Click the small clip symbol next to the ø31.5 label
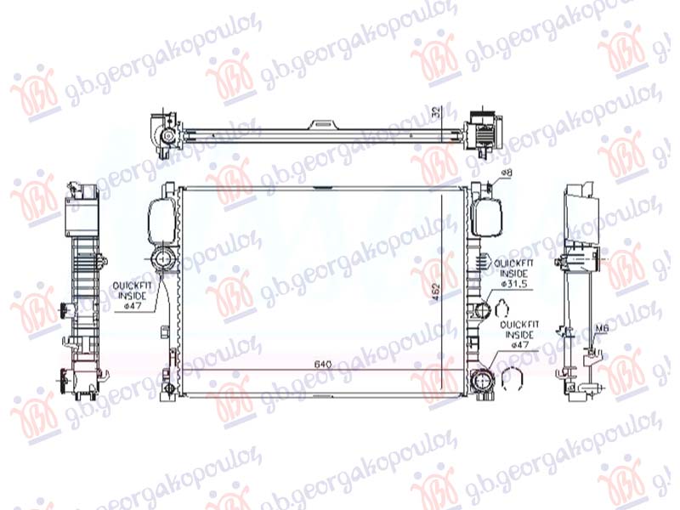click(x=502, y=300)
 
